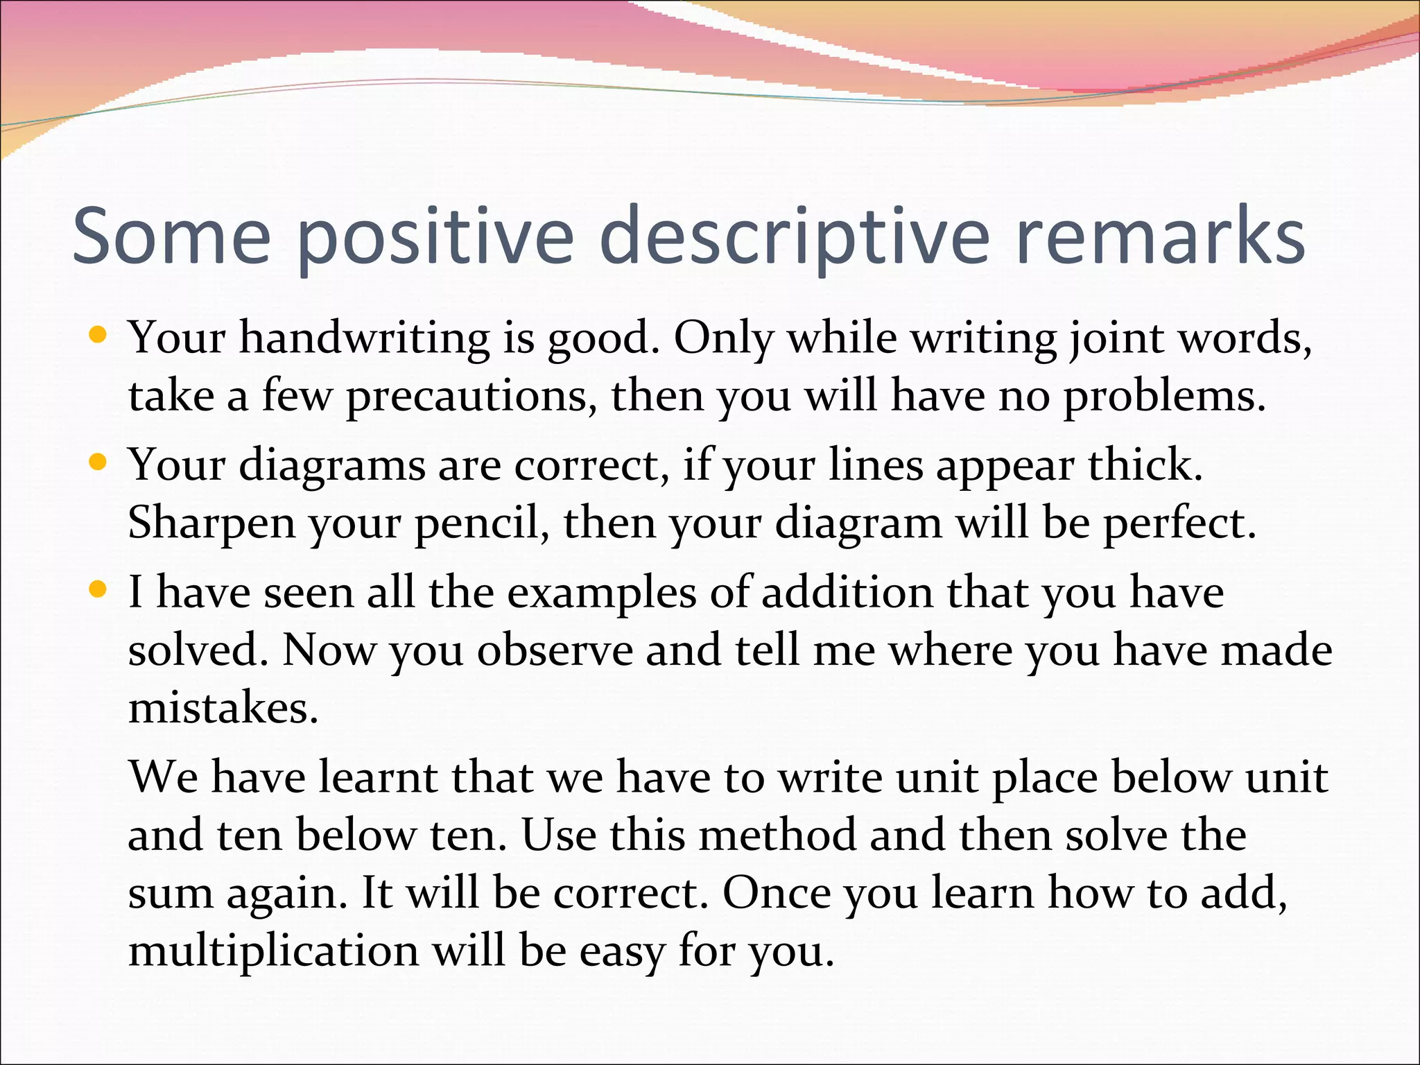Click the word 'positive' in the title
[x=435, y=237]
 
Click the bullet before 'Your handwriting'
[x=98, y=336]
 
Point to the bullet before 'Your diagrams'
[x=98, y=462]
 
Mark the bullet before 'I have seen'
[x=98, y=590]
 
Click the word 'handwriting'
[x=365, y=338]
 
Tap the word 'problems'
[x=1164, y=397]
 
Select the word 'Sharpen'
[x=211, y=523]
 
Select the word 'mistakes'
[x=223, y=708]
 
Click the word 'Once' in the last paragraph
[x=776, y=892]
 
